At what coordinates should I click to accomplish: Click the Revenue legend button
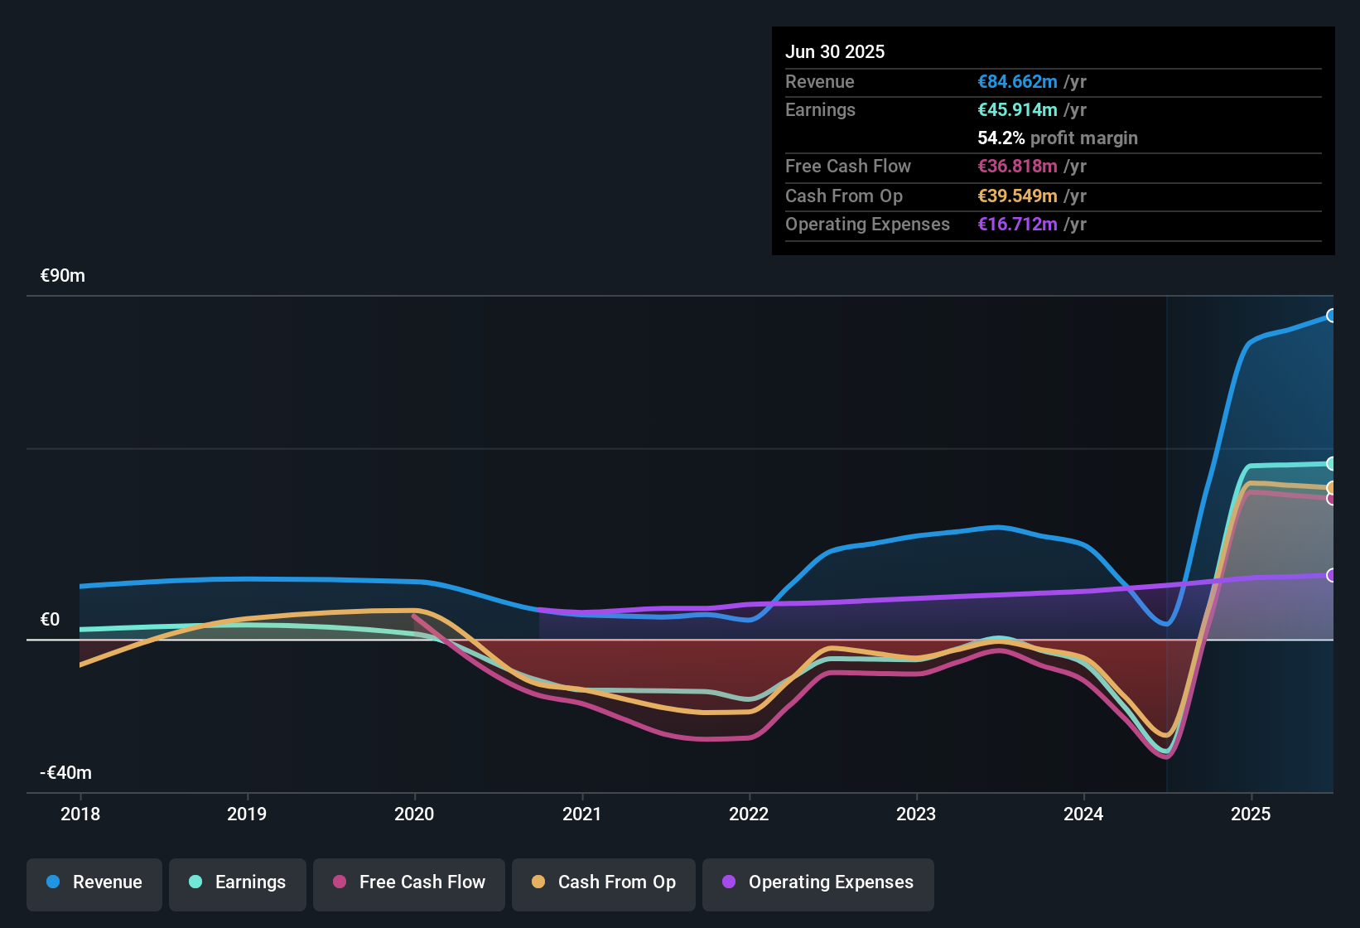[x=94, y=882]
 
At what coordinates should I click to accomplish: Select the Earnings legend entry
[x=238, y=882]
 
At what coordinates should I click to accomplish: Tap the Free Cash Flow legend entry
[x=409, y=882]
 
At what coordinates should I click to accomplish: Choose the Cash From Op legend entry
[x=604, y=882]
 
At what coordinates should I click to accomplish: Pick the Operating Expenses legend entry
[x=818, y=882]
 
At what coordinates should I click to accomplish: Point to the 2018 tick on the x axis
[x=80, y=814]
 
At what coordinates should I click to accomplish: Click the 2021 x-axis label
[x=581, y=814]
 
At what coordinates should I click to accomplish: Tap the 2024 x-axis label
[x=1083, y=814]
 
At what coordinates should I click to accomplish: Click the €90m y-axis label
[x=63, y=276]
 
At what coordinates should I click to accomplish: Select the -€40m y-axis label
[x=66, y=773]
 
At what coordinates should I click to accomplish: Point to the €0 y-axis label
[x=50, y=620]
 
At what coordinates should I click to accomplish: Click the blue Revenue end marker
[x=1331, y=316]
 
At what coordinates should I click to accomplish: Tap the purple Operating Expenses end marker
[x=1331, y=575]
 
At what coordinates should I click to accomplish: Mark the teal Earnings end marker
[x=1331, y=463]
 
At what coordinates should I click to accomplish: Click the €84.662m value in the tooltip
[x=1017, y=82]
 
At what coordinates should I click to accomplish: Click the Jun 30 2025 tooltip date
[x=835, y=51]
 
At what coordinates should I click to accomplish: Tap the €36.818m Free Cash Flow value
[x=1017, y=167]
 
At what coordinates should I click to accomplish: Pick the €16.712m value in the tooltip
[x=1017, y=225]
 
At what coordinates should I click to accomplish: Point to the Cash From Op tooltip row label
[x=843, y=196]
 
